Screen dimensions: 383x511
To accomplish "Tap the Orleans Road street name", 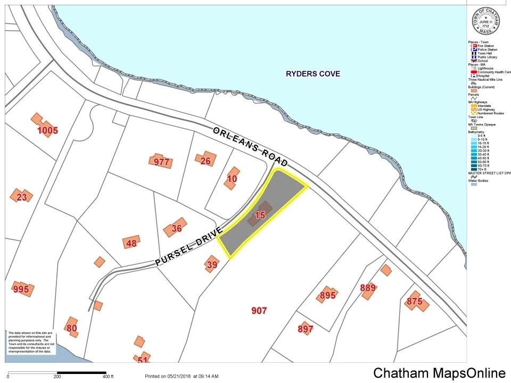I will pos(250,147).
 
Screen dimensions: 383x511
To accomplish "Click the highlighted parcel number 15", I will pos(260,215).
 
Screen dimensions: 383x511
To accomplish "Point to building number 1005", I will pos(47,130).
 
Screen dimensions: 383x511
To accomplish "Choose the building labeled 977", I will pos(161,162).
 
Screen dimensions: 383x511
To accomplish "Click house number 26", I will pos(205,161).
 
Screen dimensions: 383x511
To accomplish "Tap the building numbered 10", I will pos(232,179).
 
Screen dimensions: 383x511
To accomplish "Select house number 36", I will pos(177,228).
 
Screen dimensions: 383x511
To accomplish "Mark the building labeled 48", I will pos(131,244).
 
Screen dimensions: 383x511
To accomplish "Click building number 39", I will pos(212,264).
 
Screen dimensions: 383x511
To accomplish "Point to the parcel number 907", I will pos(259,311).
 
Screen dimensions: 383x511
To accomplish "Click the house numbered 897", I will pos(306,329).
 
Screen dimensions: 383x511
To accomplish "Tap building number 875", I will pos(414,301).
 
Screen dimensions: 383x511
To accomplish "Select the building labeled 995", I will pos(21,289).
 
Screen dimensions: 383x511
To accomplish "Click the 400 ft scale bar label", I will pos(109,377).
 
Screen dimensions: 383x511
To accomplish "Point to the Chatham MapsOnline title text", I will pos(439,373).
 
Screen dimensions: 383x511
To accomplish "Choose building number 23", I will pos(22,197).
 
